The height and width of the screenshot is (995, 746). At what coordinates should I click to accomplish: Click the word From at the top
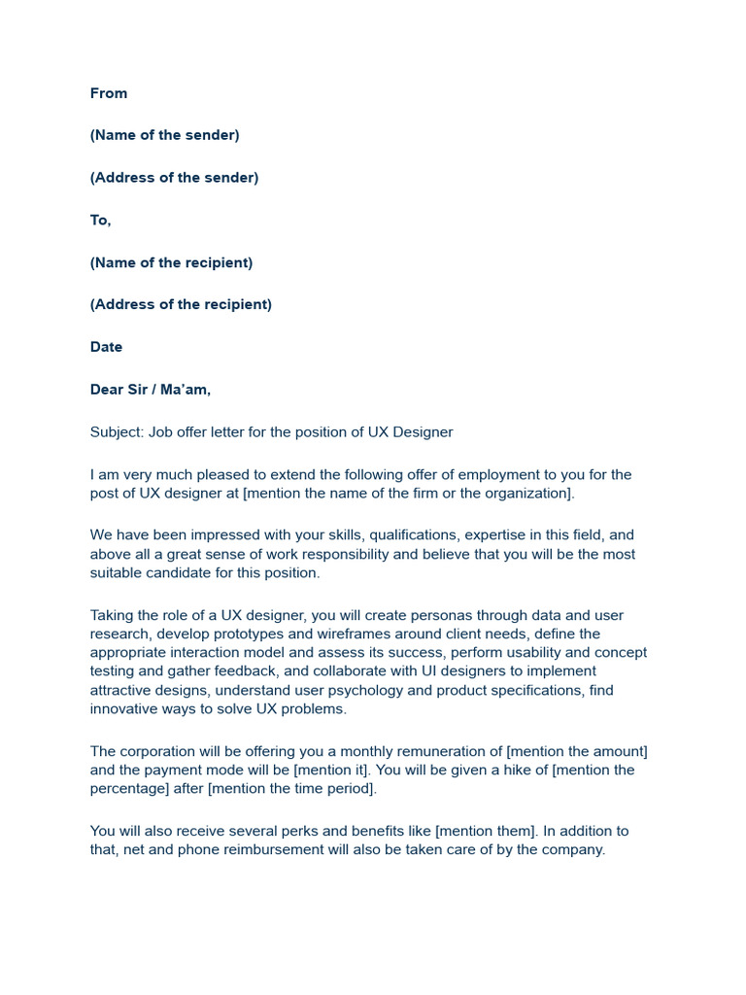pos(109,93)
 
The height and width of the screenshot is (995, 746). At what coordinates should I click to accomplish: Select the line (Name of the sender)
pos(164,135)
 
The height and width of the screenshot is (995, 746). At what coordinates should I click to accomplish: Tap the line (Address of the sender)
pos(174,178)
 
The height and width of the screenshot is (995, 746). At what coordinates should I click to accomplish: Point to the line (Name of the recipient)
pos(171,262)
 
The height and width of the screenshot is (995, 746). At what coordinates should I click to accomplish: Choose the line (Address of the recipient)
pos(181,304)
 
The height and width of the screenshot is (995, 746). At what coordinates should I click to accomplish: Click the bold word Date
pos(106,347)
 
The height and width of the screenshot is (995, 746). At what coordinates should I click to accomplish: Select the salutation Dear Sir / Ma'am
pos(150,390)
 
